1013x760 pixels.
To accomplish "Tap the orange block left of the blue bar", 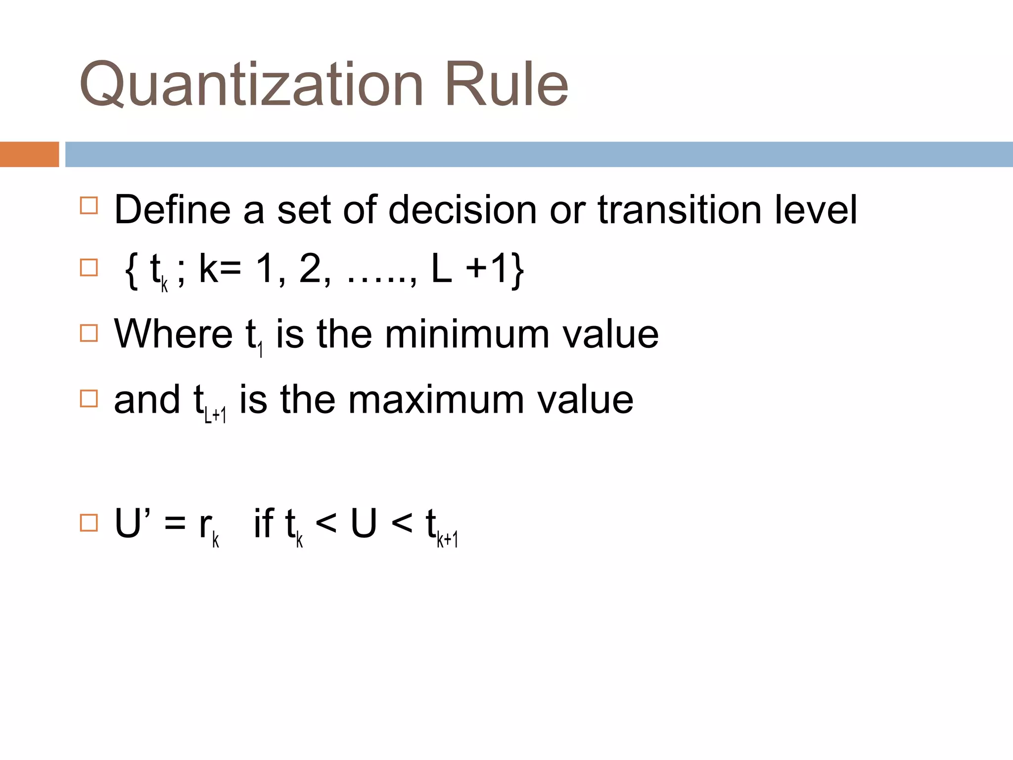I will (29, 154).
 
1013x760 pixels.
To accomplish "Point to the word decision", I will (462, 210).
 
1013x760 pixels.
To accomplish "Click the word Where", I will (173, 334).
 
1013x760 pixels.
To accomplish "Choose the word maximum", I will (436, 400).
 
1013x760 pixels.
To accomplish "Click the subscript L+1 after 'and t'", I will (216, 415).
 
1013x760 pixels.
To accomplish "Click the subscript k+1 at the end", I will (448, 539).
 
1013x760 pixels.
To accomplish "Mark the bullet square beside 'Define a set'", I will (89, 205).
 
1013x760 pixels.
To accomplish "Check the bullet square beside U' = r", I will (89, 522).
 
